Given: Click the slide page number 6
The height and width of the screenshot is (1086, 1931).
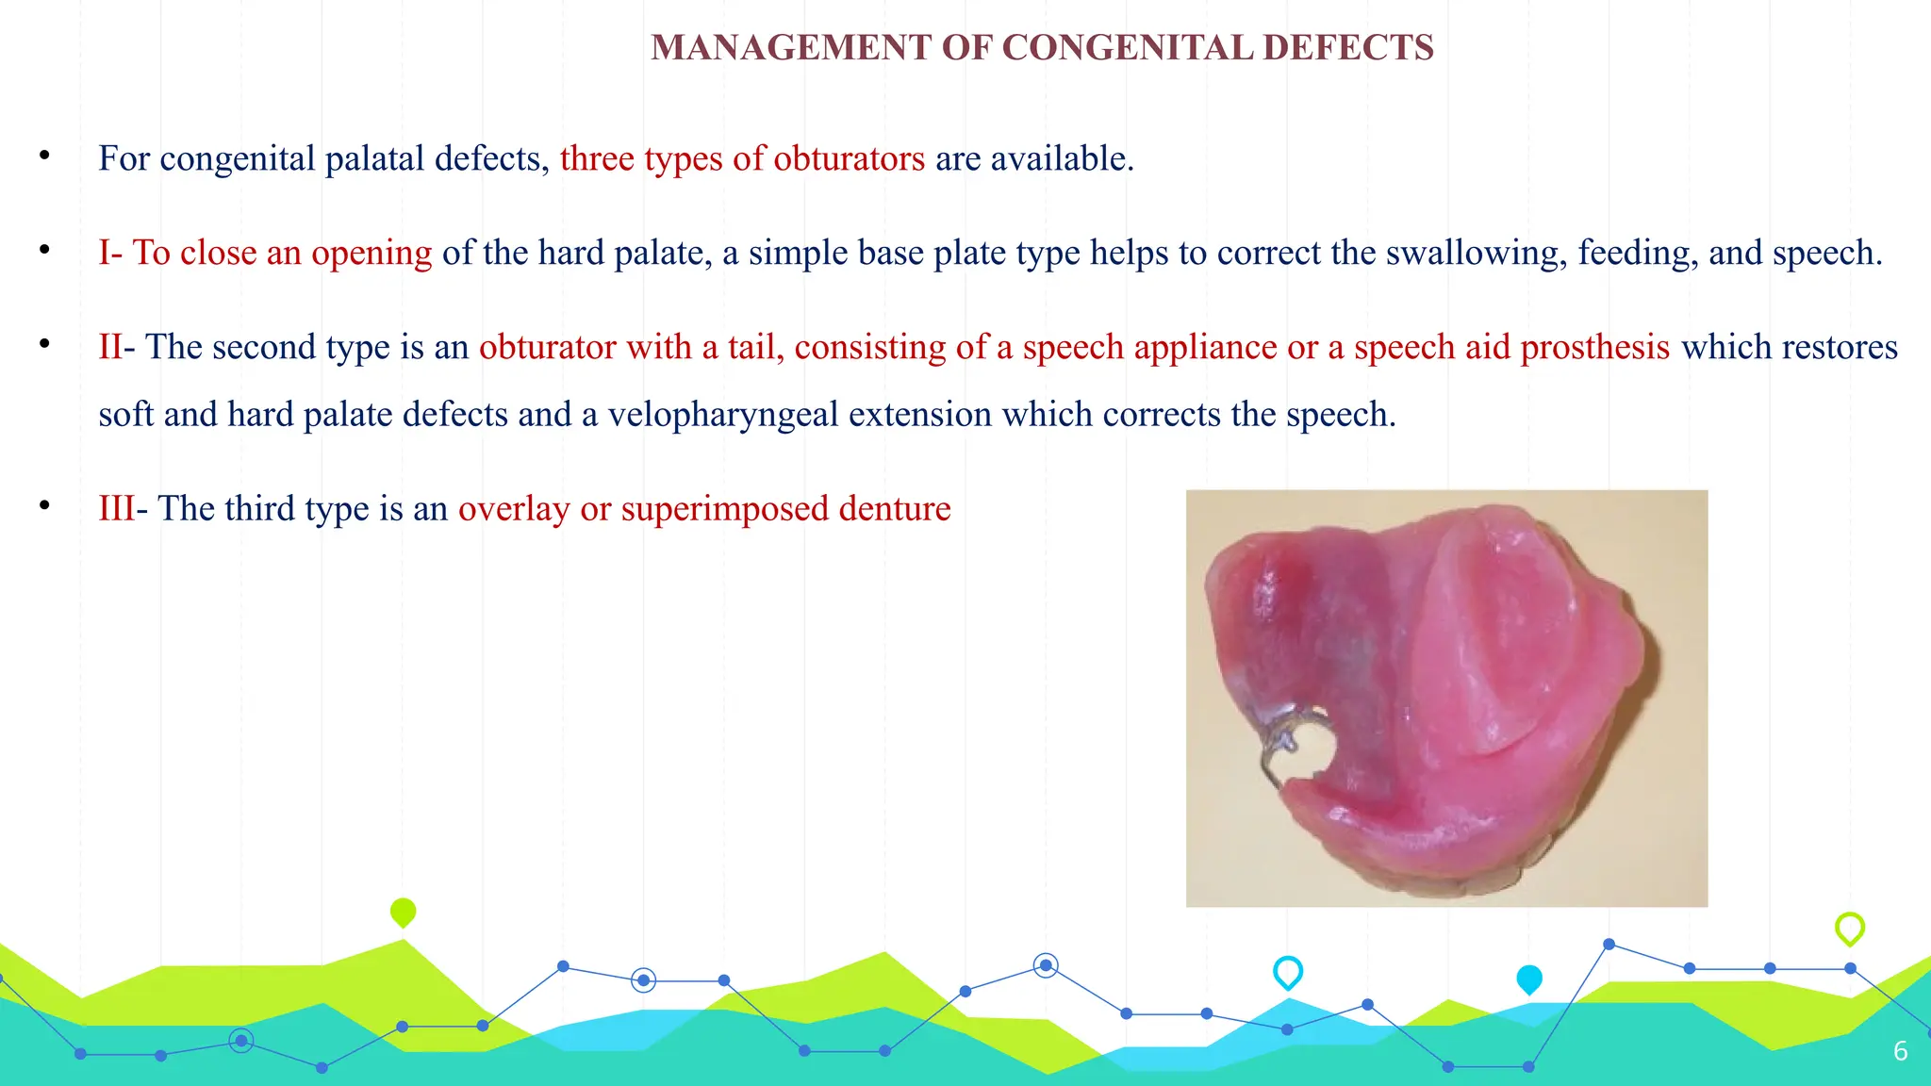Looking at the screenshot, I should point(1900,1051).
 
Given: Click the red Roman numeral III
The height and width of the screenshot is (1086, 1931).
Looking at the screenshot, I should point(117,508).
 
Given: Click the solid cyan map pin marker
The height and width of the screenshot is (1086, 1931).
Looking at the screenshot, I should point(1528,979).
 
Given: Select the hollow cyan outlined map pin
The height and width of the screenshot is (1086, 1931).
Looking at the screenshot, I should point(1287,971).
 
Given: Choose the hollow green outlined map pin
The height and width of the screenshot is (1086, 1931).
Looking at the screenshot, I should point(1849,928).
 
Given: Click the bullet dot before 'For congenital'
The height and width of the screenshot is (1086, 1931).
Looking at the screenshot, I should point(44,156).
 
